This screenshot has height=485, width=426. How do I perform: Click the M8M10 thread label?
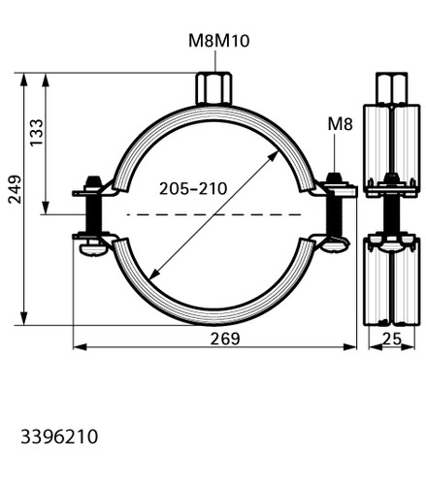(x=219, y=41)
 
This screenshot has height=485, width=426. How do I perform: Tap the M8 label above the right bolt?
(x=340, y=124)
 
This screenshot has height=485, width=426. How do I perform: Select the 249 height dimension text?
(x=15, y=189)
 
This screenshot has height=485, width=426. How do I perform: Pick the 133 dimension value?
(x=36, y=133)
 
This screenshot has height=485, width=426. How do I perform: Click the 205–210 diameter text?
(x=193, y=188)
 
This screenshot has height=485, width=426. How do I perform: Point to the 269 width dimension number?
(x=225, y=339)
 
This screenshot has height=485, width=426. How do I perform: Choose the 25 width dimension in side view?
(x=392, y=339)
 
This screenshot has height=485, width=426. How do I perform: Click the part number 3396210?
(x=59, y=436)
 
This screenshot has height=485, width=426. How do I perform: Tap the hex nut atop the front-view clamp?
(x=213, y=88)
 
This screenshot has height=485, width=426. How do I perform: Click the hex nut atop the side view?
(x=391, y=88)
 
